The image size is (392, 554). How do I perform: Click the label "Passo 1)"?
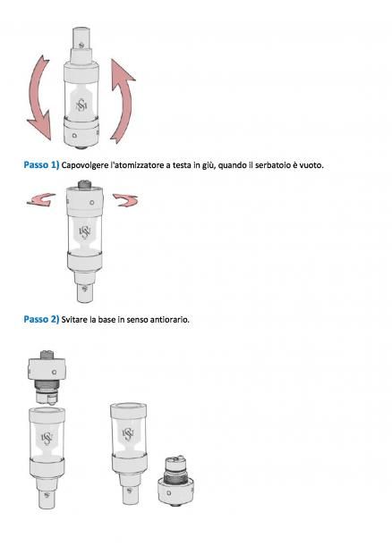click(x=41, y=165)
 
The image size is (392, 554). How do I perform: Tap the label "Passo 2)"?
click(x=41, y=319)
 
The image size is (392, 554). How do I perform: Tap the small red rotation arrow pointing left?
click(x=41, y=199)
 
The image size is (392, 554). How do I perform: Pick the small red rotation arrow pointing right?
click(x=126, y=200)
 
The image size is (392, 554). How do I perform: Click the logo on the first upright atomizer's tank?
click(x=81, y=105)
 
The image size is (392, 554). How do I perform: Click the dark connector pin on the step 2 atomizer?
click(x=84, y=184)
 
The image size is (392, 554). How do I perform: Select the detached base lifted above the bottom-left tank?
click(x=47, y=377)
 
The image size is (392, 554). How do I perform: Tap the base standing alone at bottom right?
click(x=175, y=481)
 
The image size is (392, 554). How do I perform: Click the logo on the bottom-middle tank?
click(x=128, y=434)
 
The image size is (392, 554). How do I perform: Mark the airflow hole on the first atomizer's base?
click(x=74, y=135)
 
